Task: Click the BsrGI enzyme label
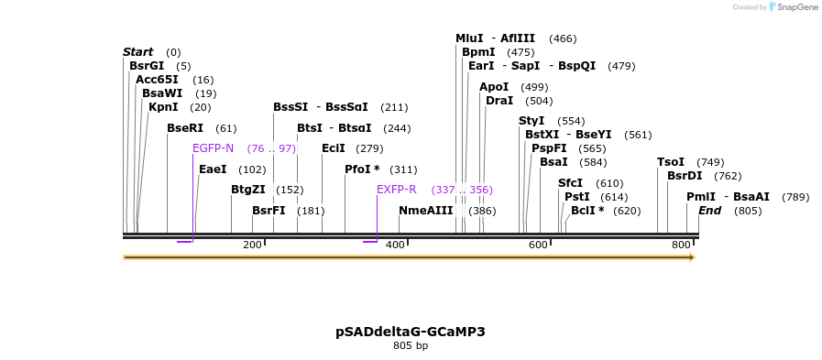[147, 66]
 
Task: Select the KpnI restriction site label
[163, 107]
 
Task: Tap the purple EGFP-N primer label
[213, 148]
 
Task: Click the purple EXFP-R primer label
[397, 190]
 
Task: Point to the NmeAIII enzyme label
[426, 211]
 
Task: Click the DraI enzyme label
[499, 101]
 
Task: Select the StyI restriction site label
[532, 121]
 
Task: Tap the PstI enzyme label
[577, 197]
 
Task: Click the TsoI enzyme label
[671, 162]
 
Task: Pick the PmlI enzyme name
[701, 197]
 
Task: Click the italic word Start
[138, 52]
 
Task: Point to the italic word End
[710, 211]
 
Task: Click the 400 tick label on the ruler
[395, 245]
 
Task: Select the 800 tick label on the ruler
[681, 245]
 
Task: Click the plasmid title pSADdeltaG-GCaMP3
[411, 332]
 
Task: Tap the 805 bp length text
[411, 346]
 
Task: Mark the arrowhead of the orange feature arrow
[692, 257]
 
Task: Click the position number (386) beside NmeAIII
[482, 211]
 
